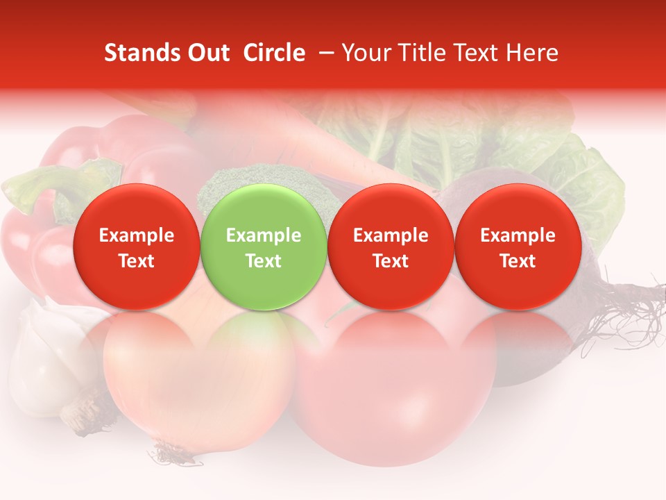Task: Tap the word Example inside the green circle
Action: (x=264, y=235)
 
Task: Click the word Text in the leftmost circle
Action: (x=136, y=261)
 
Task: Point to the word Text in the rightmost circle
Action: (x=518, y=261)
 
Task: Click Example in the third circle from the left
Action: (x=391, y=235)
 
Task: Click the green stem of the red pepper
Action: (x=42, y=184)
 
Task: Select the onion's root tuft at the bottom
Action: (x=173, y=455)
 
